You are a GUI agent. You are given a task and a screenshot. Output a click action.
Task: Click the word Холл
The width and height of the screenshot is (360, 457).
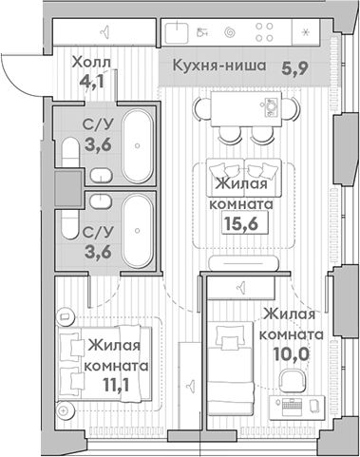click(x=92, y=65)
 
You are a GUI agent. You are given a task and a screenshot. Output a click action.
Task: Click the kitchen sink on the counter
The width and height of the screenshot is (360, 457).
click(x=179, y=32)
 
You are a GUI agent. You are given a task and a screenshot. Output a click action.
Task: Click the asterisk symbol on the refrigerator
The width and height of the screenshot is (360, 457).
click(x=304, y=32)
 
